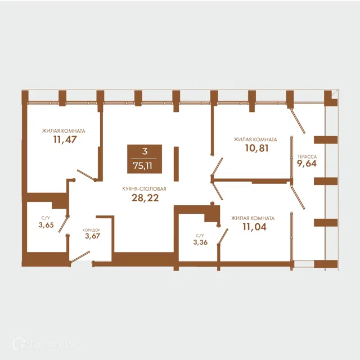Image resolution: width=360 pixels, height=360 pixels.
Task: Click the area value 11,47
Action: point(65,139)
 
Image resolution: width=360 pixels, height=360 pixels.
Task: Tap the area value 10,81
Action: point(256,148)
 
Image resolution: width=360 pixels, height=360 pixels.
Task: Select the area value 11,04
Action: point(255,227)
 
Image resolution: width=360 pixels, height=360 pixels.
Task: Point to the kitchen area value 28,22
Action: point(145,197)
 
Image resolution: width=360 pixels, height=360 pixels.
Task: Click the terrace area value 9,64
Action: point(307,164)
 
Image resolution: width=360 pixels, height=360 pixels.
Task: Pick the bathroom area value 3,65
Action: point(46,225)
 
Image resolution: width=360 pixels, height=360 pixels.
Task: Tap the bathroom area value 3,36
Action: point(200,242)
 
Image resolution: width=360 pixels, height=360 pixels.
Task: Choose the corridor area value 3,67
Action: point(92,236)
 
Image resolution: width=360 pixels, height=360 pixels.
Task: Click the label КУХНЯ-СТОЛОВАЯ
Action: point(144,189)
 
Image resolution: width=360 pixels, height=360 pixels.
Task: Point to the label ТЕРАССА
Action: point(307,157)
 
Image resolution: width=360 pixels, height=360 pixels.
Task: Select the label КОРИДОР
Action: point(91,230)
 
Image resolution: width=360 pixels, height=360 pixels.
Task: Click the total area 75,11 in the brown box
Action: point(142,165)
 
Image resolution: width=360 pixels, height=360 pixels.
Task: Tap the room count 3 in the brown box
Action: point(145,151)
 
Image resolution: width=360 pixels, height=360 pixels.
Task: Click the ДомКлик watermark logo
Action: point(44,343)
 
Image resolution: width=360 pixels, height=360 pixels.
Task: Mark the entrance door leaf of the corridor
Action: point(80,258)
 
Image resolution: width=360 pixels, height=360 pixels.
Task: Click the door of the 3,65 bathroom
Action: point(64,224)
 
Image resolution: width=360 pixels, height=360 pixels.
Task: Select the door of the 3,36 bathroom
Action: point(223,236)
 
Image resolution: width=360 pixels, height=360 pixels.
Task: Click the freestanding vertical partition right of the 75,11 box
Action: point(176,164)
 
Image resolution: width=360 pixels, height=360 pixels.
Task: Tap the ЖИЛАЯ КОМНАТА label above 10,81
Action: point(255,139)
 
